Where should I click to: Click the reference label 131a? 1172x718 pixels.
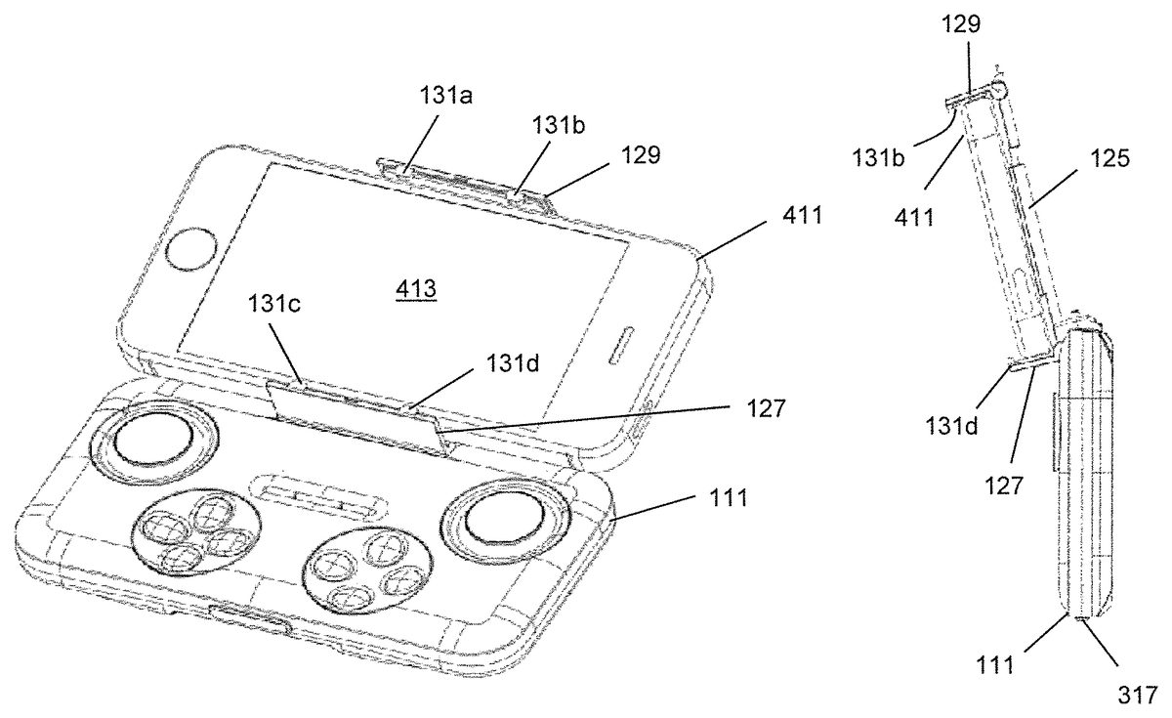point(446,96)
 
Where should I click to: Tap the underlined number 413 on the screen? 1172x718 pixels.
point(416,289)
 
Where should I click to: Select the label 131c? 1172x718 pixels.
point(274,303)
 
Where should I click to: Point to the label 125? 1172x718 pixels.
point(1109,157)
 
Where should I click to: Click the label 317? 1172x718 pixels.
point(1138,696)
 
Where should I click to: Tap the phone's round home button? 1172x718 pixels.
point(191,249)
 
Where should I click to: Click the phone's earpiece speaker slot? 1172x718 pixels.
point(621,345)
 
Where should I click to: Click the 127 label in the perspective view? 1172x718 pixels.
point(766,408)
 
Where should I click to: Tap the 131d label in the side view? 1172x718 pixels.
point(951,427)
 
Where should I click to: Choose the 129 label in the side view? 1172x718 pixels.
point(961,24)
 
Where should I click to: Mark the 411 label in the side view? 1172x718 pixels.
point(914,217)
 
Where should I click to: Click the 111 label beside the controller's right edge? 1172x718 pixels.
point(728,497)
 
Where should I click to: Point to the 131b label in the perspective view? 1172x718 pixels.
point(559,125)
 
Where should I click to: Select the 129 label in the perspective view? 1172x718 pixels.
point(641,155)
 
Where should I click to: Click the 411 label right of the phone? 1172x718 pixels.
point(802,215)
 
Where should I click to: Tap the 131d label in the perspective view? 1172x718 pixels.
point(513,362)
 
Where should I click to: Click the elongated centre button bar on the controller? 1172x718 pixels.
point(319,494)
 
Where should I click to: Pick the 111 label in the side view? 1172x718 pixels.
point(995,666)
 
